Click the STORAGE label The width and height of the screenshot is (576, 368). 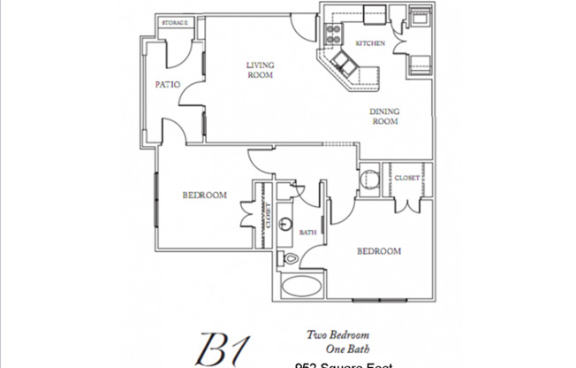[173, 22]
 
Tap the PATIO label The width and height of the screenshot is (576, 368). [168, 85]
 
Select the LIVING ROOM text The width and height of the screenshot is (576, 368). [259, 70]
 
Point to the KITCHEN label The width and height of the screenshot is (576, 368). [368, 43]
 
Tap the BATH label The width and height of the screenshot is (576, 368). [308, 233]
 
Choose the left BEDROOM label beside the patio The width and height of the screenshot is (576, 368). [205, 195]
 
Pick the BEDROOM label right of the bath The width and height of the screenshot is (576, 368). [379, 251]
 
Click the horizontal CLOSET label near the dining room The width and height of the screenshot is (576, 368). [406, 177]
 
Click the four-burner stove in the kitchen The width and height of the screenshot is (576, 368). [335, 33]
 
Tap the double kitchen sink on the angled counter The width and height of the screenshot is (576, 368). [344, 63]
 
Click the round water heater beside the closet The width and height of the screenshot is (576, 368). [370, 181]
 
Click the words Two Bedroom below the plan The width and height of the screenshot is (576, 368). [337, 334]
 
